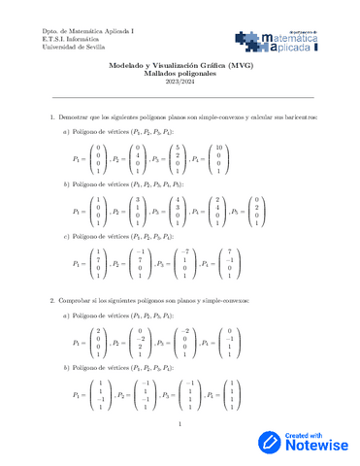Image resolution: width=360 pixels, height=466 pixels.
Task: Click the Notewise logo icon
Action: point(269,441)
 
